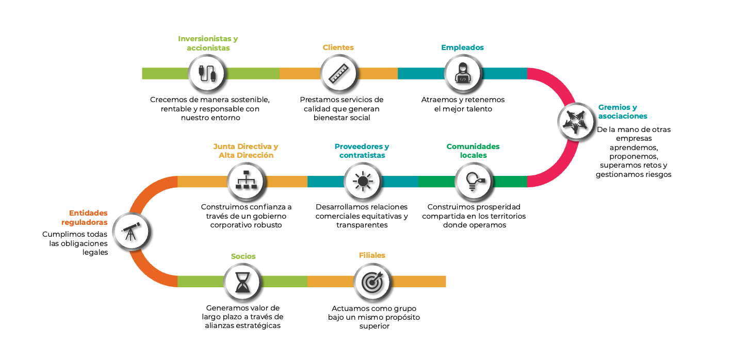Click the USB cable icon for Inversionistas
207,74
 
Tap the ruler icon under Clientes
338,74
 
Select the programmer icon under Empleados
463,73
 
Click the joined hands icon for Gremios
576,122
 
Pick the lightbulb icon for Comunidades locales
475,182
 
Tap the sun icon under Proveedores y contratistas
363,181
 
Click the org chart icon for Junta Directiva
246,180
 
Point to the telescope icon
131,231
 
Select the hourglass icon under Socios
243,282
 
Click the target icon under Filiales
373,282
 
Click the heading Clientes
338,47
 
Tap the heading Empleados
462,47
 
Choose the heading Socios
243,256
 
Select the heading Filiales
372,255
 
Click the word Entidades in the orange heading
88,213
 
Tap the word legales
95,252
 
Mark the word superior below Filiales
375,326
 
